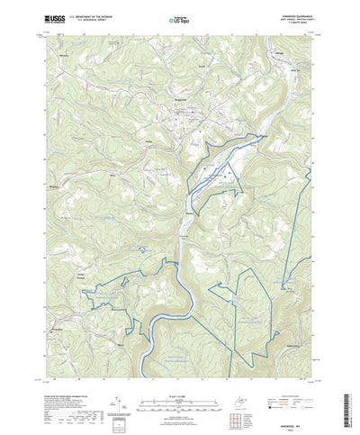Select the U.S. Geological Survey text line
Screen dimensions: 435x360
click(x=91, y=20)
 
